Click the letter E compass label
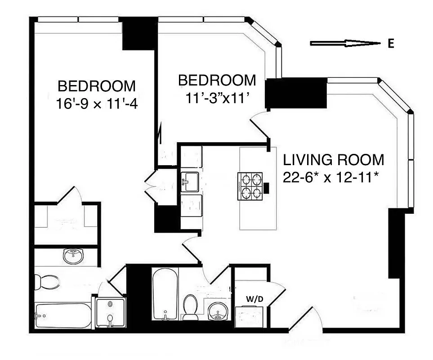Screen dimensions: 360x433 [x=391, y=44]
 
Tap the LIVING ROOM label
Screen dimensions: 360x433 [x=333, y=160]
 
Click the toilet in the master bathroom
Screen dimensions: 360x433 [x=47, y=282]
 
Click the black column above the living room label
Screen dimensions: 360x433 [x=295, y=93]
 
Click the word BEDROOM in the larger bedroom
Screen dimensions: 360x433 [x=96, y=85]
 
